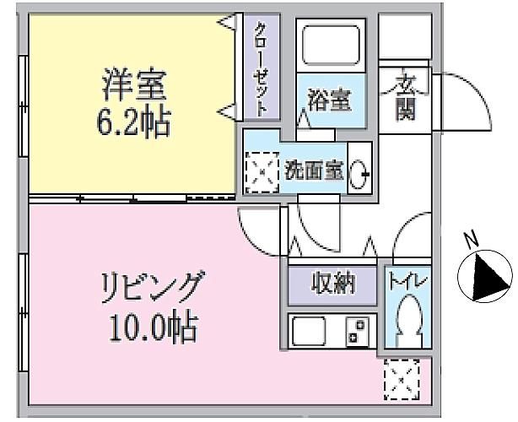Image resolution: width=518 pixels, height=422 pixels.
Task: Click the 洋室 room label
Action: [x=134, y=84]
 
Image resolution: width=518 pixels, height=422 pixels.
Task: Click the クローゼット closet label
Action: [x=261, y=68]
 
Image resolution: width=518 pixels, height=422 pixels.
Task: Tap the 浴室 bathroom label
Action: [x=329, y=100]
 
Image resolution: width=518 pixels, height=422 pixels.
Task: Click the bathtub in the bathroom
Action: [x=331, y=45]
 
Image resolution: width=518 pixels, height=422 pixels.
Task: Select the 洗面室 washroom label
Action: [x=314, y=170]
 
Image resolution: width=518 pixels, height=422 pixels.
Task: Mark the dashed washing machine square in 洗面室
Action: [x=262, y=172]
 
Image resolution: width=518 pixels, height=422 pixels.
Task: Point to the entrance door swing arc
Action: [x=479, y=91]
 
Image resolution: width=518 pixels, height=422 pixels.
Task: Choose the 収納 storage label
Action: [x=333, y=284]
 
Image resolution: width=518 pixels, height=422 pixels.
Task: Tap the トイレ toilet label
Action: [x=408, y=282]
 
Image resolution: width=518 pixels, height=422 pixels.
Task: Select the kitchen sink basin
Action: [x=309, y=331]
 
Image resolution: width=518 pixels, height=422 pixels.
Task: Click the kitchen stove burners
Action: [x=358, y=332]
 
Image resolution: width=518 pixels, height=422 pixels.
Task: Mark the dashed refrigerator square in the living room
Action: [x=402, y=380]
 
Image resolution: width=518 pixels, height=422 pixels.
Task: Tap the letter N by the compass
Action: [x=472, y=240]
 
